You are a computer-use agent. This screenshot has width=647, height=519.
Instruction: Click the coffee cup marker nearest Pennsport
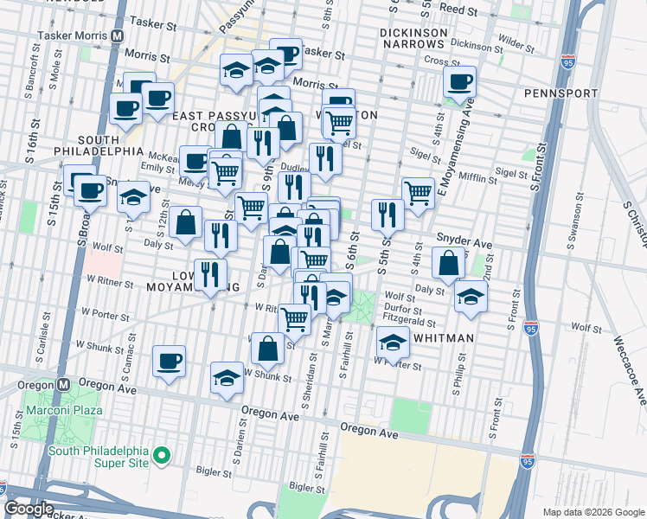[460, 82]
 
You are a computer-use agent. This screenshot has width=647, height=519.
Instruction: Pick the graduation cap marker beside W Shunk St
[227, 377]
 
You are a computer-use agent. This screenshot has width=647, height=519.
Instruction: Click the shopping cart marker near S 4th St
[418, 193]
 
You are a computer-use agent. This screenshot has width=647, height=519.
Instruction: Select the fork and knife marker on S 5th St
[388, 215]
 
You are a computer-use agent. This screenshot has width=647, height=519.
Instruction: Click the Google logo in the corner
[29, 509]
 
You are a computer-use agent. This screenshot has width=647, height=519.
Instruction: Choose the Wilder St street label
[516, 41]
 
